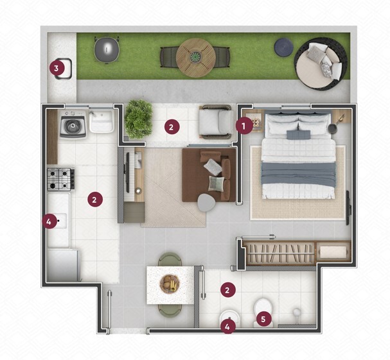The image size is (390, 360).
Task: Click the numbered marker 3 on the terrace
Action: coord(56,68)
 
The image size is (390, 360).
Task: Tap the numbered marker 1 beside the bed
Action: coord(244,126)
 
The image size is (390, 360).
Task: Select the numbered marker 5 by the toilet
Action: coord(263,319)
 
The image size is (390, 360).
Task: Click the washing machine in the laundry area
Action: coord(73,124)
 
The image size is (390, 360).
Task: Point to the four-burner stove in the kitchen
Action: coord(61,179)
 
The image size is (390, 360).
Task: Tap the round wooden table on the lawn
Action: coord(196,58)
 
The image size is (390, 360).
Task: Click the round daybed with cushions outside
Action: coord(321,64)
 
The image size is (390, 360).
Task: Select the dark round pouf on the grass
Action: coord(283,46)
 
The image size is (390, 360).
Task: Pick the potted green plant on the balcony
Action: coord(138,119)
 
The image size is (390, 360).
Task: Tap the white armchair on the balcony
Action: coord(216,122)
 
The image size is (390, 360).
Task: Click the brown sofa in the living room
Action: coord(208,175)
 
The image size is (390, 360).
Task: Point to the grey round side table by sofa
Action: coord(206,203)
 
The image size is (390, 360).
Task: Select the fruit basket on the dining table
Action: coord(170,284)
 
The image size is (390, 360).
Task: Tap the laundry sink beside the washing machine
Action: coord(102,121)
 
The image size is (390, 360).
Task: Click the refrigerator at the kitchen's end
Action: coord(63,265)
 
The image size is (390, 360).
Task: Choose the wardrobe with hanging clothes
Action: coord(297,253)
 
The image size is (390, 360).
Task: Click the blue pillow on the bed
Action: coord(299,135)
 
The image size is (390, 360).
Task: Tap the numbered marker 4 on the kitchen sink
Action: coord(49,221)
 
